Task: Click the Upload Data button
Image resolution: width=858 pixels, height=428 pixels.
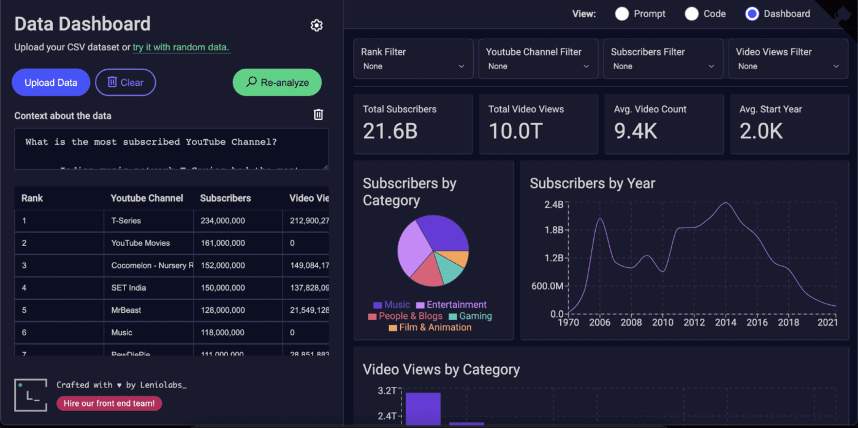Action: (x=51, y=83)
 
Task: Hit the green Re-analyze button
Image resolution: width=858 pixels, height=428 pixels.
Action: (x=277, y=82)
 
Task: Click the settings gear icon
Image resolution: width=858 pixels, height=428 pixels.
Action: (x=316, y=25)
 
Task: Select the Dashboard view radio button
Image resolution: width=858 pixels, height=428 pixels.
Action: (x=752, y=13)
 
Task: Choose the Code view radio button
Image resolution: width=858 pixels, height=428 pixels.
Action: (x=691, y=13)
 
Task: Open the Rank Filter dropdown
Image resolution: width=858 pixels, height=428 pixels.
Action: (x=413, y=59)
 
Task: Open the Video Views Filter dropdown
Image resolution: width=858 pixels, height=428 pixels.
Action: (x=789, y=59)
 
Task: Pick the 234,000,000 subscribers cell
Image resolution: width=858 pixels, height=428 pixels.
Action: (x=221, y=221)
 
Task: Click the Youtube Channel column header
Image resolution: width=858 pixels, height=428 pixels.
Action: (x=146, y=198)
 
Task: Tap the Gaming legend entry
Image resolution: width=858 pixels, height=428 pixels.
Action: (x=470, y=316)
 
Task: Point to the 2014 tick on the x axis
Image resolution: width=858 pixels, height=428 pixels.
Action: (x=726, y=323)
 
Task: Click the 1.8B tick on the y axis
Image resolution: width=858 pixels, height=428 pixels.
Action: (x=554, y=230)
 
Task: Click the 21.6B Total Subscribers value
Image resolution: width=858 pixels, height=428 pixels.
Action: (x=390, y=131)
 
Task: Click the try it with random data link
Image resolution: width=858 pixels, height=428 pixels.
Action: (x=181, y=47)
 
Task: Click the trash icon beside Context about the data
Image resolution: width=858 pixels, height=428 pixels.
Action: (x=318, y=115)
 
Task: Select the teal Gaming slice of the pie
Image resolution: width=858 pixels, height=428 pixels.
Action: (x=451, y=270)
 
